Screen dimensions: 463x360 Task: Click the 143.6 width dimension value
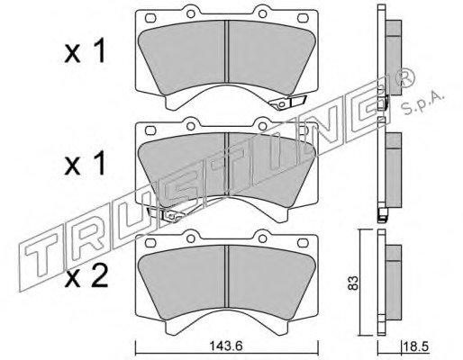225,346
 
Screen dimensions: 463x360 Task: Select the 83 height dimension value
353,283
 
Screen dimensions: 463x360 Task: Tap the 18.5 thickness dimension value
415,346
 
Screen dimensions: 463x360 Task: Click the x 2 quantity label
86,277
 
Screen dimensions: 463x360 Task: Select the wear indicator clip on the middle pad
166,214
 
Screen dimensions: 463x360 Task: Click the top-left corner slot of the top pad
150,18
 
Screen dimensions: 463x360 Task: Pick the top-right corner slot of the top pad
303,18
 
